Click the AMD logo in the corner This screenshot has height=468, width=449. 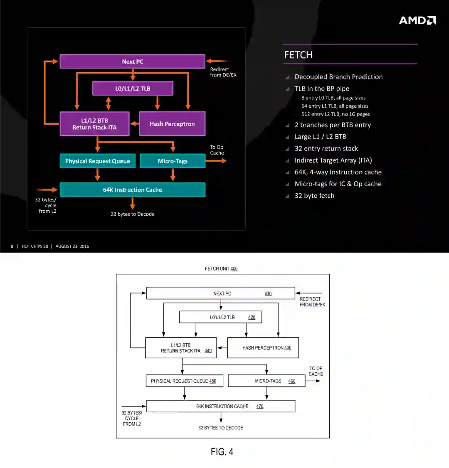tap(417, 20)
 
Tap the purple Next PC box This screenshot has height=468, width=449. tap(132, 62)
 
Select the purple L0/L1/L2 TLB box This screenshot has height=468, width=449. tap(133, 89)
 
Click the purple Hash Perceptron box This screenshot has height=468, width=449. tap(172, 124)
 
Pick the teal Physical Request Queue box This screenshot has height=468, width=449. tap(98, 161)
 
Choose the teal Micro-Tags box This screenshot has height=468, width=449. tap(173, 161)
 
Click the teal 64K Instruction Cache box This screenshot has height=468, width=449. tap(132, 190)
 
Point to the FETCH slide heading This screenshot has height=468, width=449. tap(298, 55)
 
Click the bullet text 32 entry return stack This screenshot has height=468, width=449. tap(326, 148)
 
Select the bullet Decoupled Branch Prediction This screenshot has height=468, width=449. tap(338, 77)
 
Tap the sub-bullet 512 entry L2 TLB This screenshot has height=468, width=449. tap(335, 114)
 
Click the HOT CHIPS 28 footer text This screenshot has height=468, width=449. tap(35, 246)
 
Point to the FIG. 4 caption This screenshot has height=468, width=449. tap(222, 452)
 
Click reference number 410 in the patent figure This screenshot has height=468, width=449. tap(268, 293)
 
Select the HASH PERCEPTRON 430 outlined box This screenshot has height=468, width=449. tap(263, 348)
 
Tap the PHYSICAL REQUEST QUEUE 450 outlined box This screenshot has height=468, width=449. tap(184, 381)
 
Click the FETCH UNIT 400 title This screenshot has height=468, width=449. tap(221, 268)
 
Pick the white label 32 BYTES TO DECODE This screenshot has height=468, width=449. tap(220, 428)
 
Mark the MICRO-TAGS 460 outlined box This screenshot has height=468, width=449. tap(266, 381)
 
